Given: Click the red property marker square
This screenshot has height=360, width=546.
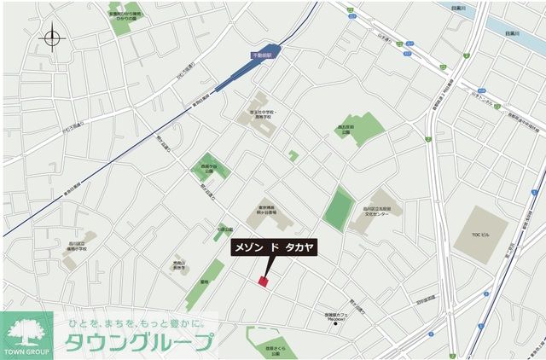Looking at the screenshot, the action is click(x=263, y=281).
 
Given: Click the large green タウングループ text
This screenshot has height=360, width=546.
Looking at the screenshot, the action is click(x=142, y=344).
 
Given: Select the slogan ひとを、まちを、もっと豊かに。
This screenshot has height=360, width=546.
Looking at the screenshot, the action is click(x=136, y=323).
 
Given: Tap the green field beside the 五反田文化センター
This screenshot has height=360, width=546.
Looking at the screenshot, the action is click(x=339, y=207).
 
